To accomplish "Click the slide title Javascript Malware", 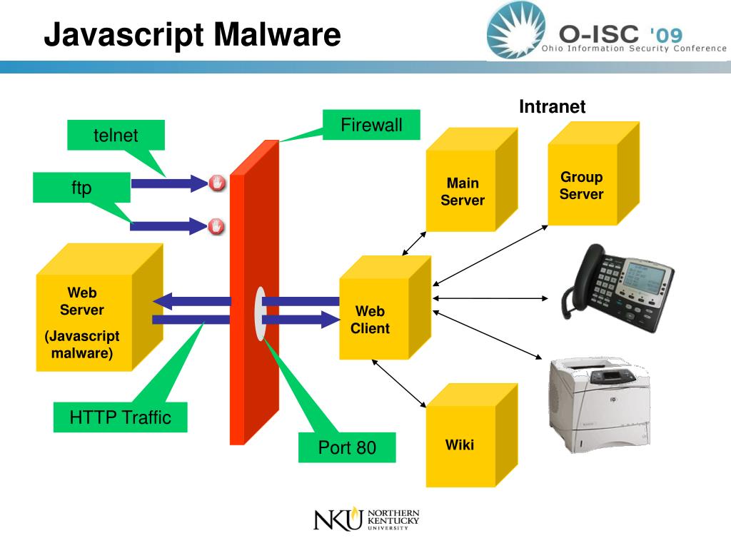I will (192, 34).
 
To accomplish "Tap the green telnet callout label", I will (116, 136).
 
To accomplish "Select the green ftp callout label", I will (81, 188).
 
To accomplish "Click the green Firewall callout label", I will (371, 126).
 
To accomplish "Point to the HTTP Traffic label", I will (121, 417).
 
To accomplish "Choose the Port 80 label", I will (347, 448).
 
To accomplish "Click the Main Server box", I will (463, 191).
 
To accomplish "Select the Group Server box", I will (582, 186).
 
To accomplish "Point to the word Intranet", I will (552, 107).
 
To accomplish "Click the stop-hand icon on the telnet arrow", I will (217, 183).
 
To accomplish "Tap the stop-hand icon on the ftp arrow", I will (217, 227).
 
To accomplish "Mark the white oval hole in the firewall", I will (261, 313).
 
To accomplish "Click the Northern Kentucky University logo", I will (366, 519).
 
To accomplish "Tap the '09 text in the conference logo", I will (666, 35).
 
